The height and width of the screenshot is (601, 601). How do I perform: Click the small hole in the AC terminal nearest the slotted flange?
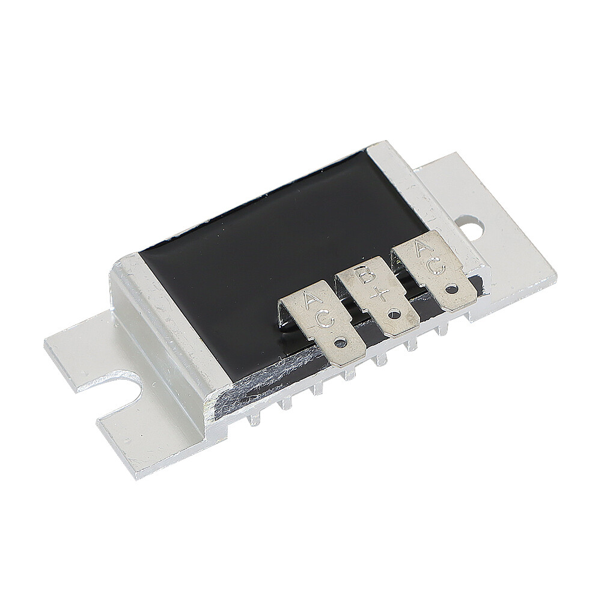[x=341, y=343]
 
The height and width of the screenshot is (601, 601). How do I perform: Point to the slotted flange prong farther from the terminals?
[x=72, y=355]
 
